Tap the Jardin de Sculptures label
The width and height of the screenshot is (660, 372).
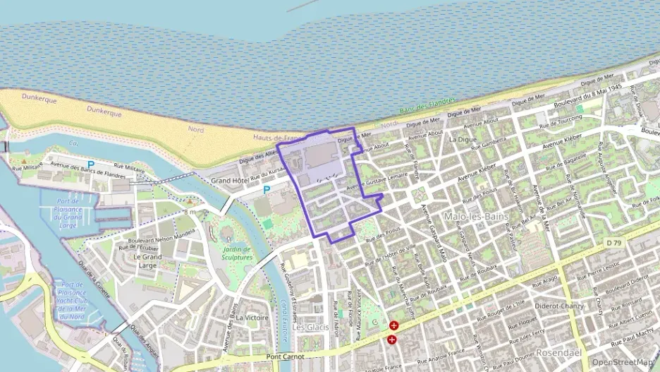pos(237,253)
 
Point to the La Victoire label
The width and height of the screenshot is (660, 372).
pos(252,318)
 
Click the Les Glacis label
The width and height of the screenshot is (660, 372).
pos(310,328)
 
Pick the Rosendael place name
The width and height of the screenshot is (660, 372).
pos(558,352)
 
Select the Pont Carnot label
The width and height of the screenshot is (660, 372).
pos(286,356)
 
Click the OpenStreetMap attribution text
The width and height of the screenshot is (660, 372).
pos(622,362)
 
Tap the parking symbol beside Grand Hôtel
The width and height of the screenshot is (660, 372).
pos(267,190)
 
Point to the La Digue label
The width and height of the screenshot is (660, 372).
pos(463,139)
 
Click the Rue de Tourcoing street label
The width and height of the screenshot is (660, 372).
pos(561,121)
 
